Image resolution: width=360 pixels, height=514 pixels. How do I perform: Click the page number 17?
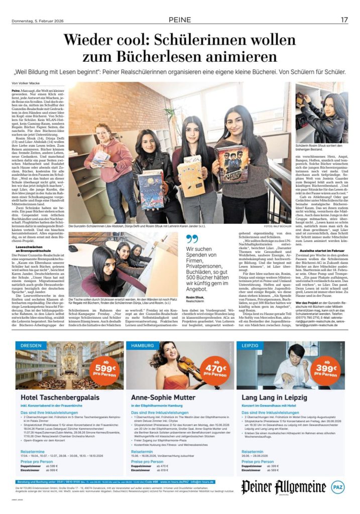344,20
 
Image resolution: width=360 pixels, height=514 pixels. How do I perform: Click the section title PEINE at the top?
180,20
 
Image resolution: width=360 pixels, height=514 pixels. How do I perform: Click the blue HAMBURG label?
143,346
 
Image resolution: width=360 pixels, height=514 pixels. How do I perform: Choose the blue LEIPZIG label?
250,346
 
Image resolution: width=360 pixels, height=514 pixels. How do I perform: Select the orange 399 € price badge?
326,367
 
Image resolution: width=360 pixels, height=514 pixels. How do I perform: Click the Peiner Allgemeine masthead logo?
283,486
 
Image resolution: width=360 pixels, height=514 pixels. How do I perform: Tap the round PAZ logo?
337,486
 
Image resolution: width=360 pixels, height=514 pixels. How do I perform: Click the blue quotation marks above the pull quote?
191,238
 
